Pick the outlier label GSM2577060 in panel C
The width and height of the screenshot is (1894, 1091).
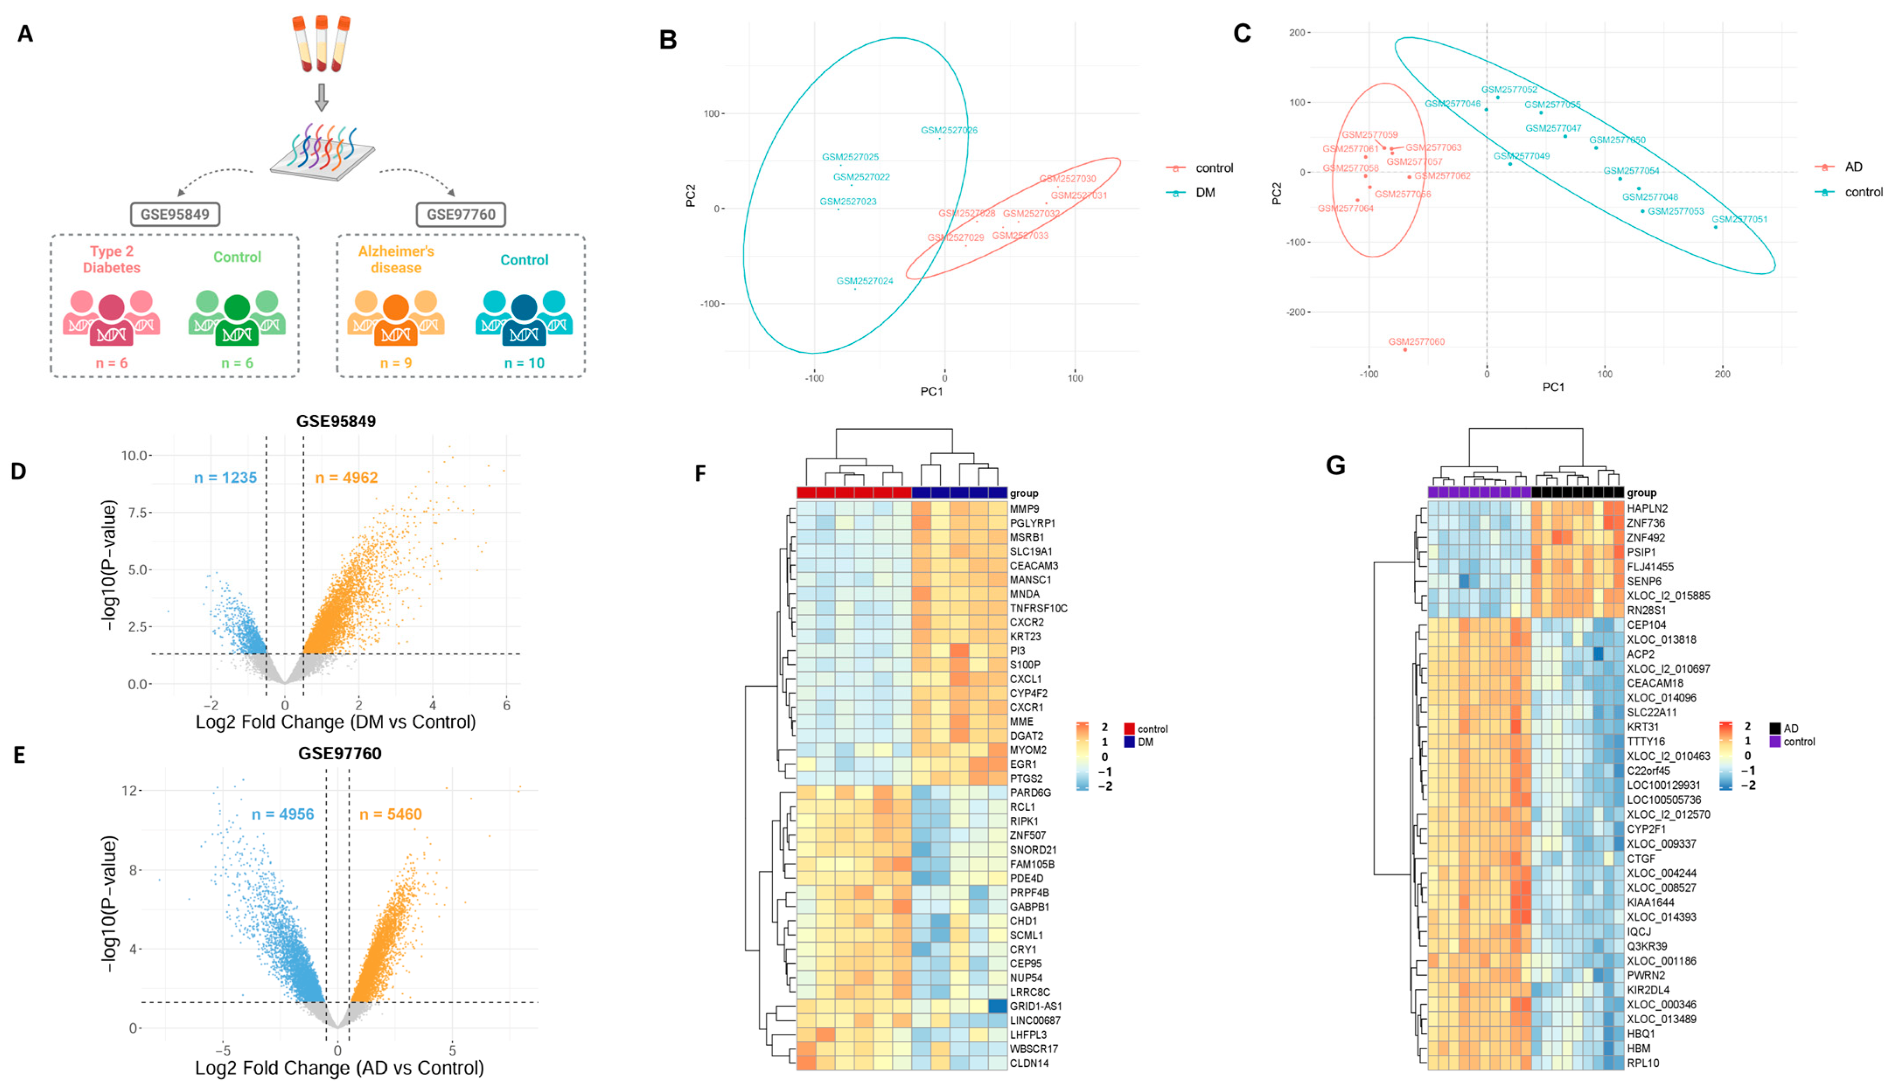coord(1416,342)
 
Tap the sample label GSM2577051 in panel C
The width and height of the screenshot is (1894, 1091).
coord(1739,219)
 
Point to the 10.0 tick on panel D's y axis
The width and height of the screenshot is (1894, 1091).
coord(136,455)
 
